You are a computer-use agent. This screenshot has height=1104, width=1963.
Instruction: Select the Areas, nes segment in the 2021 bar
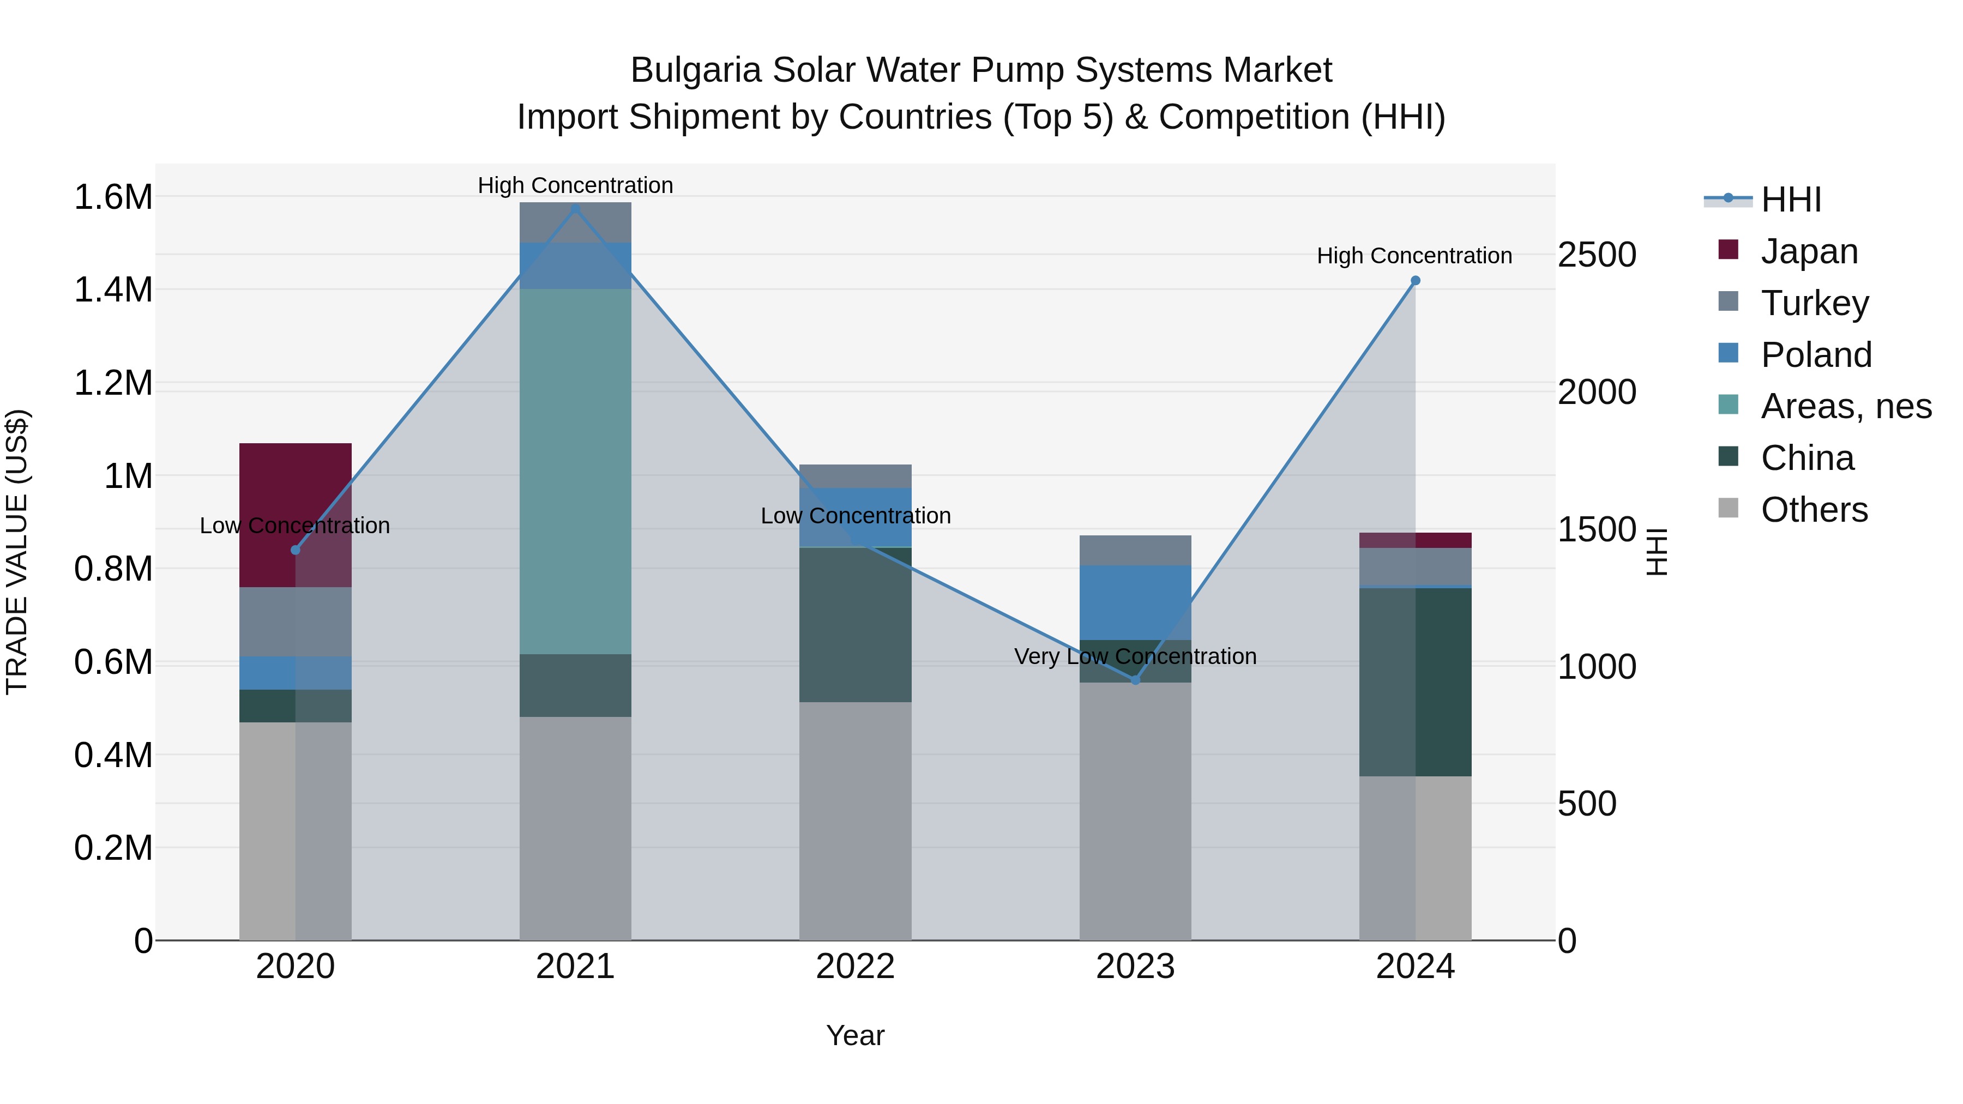pyautogui.click(x=575, y=471)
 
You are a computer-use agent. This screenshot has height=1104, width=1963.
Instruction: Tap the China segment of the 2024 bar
pyautogui.click(x=1415, y=682)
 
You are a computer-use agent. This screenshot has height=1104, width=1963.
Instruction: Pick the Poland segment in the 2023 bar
pyautogui.click(x=1135, y=602)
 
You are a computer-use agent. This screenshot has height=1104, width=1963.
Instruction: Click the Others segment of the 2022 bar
pyautogui.click(x=855, y=821)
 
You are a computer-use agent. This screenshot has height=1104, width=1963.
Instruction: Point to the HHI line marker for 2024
pyautogui.click(x=1415, y=280)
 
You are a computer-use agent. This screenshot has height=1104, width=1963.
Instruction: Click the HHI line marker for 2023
pyautogui.click(x=1135, y=680)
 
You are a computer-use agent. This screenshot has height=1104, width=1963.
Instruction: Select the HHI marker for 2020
pyautogui.click(x=296, y=550)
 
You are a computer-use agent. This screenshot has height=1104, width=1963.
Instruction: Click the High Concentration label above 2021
pyautogui.click(x=575, y=185)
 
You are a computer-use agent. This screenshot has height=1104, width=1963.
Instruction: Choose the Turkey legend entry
pyautogui.click(x=1814, y=303)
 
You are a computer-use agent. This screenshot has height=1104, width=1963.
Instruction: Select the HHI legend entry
pyautogui.click(x=1791, y=200)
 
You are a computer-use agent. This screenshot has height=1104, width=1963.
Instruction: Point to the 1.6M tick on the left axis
pyautogui.click(x=113, y=197)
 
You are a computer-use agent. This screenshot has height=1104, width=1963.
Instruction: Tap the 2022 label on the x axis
pyautogui.click(x=855, y=967)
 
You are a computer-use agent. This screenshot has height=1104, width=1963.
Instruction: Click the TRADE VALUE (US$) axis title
pyautogui.click(x=17, y=552)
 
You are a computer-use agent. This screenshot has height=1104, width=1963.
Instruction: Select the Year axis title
pyautogui.click(x=855, y=1035)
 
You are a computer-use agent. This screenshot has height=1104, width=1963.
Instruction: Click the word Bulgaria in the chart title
pyautogui.click(x=695, y=70)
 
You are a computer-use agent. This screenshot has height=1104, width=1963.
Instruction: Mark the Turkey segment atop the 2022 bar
pyautogui.click(x=855, y=476)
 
